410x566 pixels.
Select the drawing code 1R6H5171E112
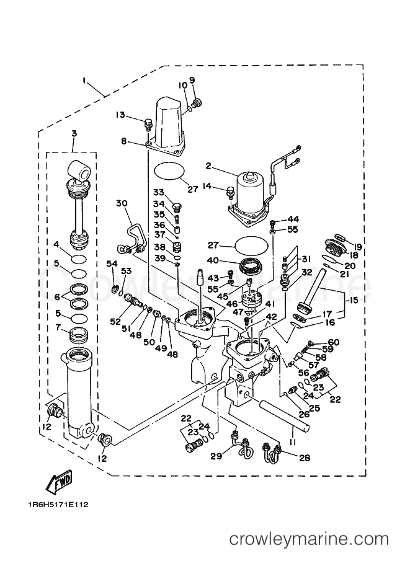click(x=57, y=503)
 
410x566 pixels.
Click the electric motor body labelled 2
click(x=248, y=186)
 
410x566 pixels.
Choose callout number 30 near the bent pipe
click(x=121, y=203)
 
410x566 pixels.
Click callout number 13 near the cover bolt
click(x=120, y=114)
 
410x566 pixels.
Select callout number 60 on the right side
click(x=334, y=342)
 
